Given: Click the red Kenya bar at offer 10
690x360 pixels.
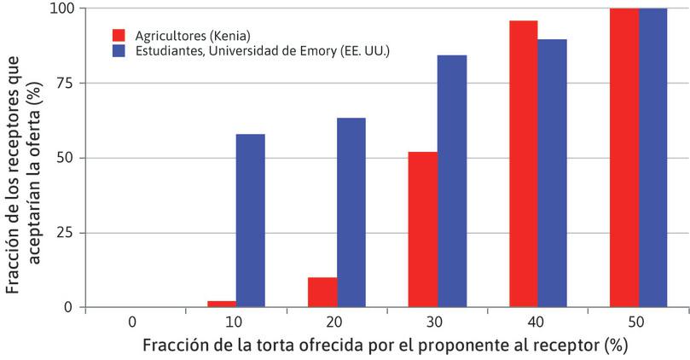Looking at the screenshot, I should pos(222,304).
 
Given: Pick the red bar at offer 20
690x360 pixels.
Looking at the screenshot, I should pos(322,292).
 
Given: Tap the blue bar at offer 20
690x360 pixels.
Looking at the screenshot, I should pos(351,212).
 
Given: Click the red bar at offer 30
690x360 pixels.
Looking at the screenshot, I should pos(423,229).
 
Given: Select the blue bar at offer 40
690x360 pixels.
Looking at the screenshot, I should pos(553,173).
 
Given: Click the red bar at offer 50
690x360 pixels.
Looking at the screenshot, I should pos(624,158).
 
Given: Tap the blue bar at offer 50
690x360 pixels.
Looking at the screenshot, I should pos(653,158).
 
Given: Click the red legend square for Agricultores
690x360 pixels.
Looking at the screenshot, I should pos(119,35).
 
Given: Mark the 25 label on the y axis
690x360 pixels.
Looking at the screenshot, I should pos(66,233).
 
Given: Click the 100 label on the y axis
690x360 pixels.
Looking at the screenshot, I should pos(62,9).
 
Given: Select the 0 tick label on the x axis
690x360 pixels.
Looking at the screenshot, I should pos(133,322).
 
